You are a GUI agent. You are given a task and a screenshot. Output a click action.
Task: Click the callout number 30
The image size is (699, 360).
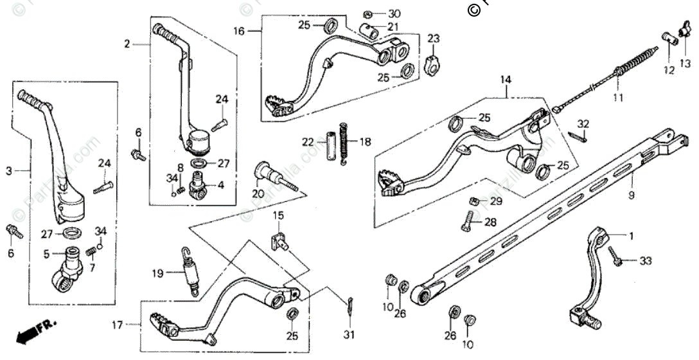pos(394,13)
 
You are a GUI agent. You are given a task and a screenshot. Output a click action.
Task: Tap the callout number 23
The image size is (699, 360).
pos(434,39)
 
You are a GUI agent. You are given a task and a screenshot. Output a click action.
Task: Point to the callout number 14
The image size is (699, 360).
pos(506,80)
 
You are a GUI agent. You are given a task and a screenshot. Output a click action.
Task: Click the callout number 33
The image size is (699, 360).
pos(645,261)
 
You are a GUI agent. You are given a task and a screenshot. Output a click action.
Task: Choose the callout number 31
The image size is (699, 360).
pos(349,334)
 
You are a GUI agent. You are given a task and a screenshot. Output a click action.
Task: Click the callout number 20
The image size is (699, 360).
pos(259,194)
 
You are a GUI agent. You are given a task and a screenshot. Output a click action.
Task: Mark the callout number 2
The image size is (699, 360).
pos(127,44)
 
